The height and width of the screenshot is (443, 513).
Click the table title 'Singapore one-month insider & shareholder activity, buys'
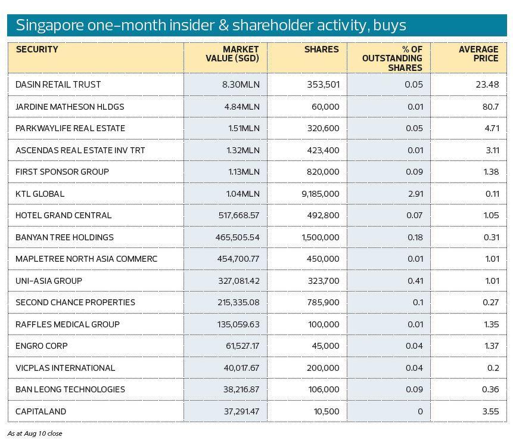click(211, 25)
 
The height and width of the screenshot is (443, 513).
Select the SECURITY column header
click(37, 49)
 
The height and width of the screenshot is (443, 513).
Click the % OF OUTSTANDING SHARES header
click(393, 58)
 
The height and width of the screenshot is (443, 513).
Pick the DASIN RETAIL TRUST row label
click(58, 85)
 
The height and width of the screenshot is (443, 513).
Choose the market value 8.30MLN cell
click(241, 85)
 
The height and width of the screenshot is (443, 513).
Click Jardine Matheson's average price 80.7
click(490, 107)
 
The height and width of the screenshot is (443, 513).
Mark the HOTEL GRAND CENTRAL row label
click(64, 215)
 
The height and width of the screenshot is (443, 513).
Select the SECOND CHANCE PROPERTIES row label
click(75, 302)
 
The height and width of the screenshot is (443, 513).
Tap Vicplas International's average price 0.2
click(493, 368)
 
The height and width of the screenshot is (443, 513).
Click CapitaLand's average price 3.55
click(490, 411)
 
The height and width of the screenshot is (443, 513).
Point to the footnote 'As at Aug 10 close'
click(35, 433)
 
